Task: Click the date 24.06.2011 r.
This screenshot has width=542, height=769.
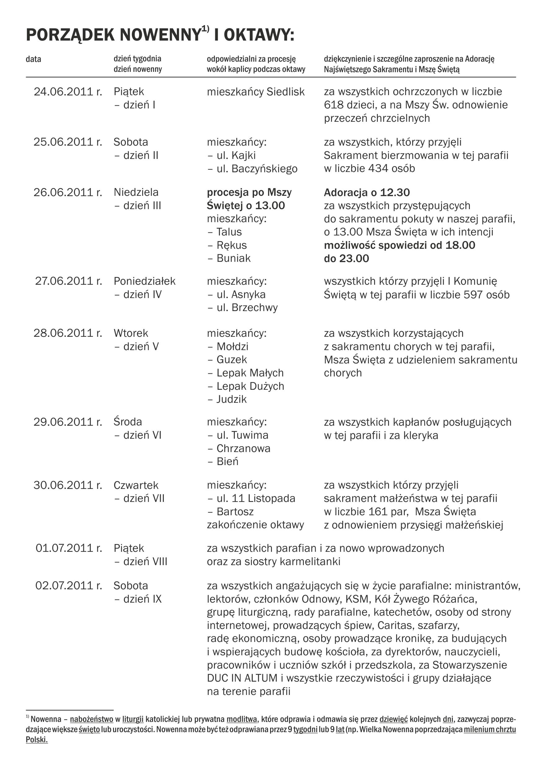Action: pos(68,92)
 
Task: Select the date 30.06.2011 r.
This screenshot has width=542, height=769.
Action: pos(68,485)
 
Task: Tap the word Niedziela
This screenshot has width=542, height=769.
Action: pos(136,192)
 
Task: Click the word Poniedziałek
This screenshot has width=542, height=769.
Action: pos(144,281)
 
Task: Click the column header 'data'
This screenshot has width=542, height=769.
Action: pos(33,59)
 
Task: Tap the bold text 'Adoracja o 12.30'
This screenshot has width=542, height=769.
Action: pos(367,193)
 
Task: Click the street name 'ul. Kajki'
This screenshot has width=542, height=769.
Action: pos(236,156)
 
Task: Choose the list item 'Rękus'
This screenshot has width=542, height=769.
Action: pos(231,245)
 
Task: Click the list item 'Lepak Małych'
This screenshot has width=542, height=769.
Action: pos(250,373)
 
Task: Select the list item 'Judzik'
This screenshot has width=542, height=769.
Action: pos(231,399)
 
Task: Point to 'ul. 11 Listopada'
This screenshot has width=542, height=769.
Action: pos(256,499)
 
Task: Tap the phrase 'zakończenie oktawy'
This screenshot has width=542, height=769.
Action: pos(256,525)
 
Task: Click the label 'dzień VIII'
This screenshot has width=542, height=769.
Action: pos(145,561)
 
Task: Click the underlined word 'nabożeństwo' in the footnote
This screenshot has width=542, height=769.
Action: pos(91,719)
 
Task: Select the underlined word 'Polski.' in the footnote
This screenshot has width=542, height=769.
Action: pos(37,740)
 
